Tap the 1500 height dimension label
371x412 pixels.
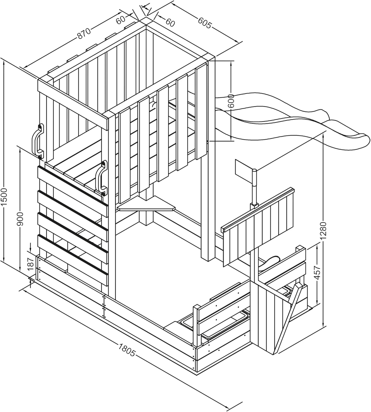[4, 196]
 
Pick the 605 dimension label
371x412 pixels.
[204, 23]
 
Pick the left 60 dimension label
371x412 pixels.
[120, 20]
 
